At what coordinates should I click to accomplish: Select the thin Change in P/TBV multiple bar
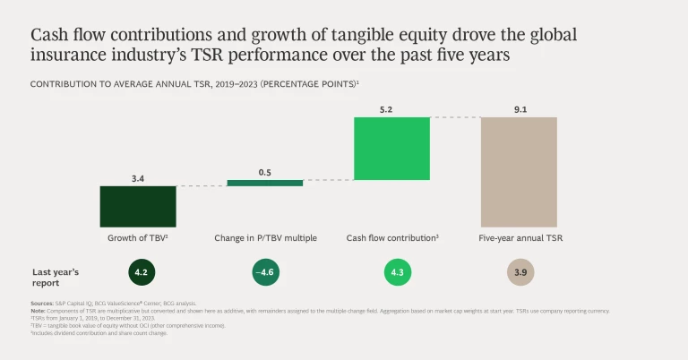(x=264, y=183)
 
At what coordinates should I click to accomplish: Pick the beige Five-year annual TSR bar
(x=519, y=171)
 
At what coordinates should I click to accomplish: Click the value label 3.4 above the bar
(x=137, y=178)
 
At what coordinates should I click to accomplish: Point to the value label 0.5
(x=264, y=172)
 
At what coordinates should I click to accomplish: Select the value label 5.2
(x=391, y=108)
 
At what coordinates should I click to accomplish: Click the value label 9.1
(x=519, y=108)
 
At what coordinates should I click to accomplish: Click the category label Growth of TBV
(x=137, y=238)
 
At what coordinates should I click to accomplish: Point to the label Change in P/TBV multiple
(x=264, y=238)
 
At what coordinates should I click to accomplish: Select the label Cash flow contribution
(x=392, y=238)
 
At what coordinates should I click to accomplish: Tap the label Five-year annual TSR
(x=520, y=238)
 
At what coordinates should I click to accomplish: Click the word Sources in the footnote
(x=41, y=304)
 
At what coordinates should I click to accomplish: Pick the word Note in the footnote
(x=38, y=311)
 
